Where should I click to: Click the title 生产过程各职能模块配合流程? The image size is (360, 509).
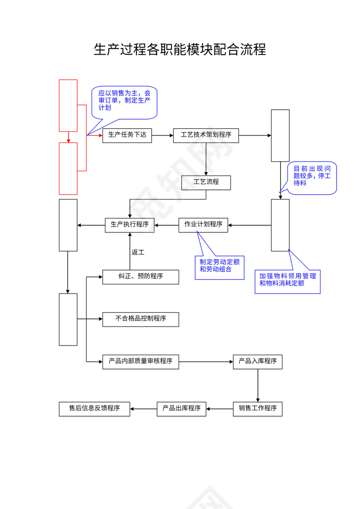coord(180,49)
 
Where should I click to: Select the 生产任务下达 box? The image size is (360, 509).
coord(127,135)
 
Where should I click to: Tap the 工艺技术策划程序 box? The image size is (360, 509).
coord(206,135)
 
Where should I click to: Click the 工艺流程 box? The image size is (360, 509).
coord(206,183)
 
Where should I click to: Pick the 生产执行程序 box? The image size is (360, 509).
coord(130,225)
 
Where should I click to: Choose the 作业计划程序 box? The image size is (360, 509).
coord(203,225)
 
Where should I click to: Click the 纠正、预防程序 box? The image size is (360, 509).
coord(141,277)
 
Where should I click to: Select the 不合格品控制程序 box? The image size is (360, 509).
coord(141,319)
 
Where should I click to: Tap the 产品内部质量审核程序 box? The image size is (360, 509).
coord(141,362)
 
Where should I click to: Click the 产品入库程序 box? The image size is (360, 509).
coord(258,362)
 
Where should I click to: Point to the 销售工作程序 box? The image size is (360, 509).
coord(258,409)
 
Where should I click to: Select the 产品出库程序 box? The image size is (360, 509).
coord(181,409)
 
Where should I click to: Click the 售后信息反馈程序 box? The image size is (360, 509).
coord(95,409)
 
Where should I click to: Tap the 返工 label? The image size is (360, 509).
coord(137,252)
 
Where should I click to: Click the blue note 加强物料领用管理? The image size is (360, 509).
coord(287,281)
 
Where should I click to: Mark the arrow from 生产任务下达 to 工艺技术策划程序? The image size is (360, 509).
coord(162,135)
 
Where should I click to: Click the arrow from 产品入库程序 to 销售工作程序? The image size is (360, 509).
coord(258,385)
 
